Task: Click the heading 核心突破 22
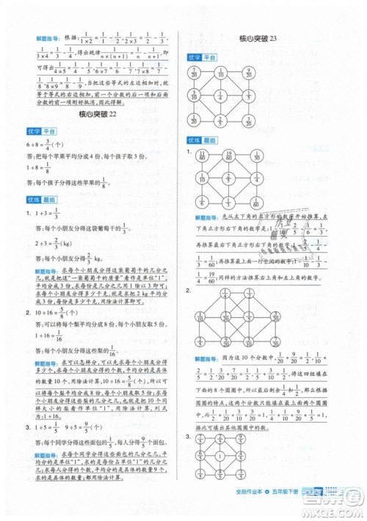97,115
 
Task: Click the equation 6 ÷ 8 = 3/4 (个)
38,145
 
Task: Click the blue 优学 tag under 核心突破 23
195,56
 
